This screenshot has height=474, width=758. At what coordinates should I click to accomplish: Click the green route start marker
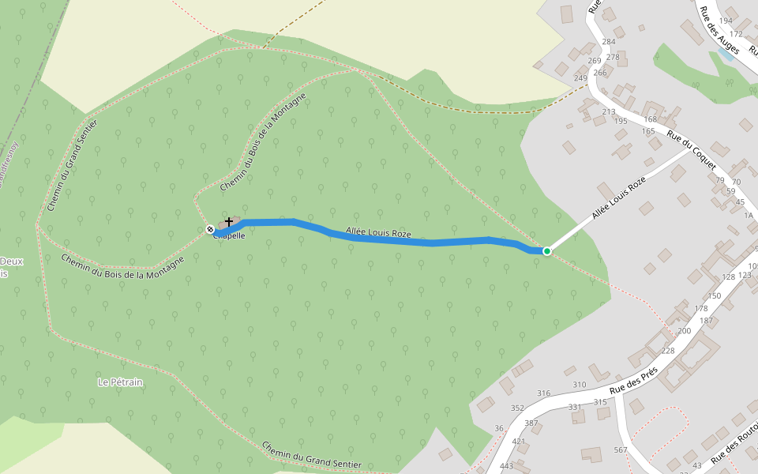click(546, 250)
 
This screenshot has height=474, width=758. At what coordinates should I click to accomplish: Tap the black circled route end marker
click(210, 230)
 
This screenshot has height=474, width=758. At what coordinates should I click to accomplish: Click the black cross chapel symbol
click(229, 222)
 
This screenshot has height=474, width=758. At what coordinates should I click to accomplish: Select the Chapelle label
click(229, 235)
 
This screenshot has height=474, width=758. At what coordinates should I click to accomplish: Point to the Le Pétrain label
click(120, 382)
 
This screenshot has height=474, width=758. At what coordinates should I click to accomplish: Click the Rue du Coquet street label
click(692, 150)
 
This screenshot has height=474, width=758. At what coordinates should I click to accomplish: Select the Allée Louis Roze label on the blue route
click(378, 233)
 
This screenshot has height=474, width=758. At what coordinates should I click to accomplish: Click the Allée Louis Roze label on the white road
click(618, 197)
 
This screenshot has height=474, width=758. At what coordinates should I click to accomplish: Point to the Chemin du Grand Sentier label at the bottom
click(311, 456)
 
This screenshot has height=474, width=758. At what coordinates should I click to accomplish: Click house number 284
click(609, 42)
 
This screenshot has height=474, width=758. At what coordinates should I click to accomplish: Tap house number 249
click(581, 78)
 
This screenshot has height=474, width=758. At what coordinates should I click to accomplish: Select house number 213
click(608, 112)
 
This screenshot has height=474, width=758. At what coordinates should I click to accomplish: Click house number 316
click(543, 393)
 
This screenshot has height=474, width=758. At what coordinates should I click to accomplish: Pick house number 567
click(620, 450)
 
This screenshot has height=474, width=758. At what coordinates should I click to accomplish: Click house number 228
click(668, 351)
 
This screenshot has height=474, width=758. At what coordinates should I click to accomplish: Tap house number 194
click(726, 21)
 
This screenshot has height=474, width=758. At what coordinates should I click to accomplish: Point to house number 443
click(506, 465)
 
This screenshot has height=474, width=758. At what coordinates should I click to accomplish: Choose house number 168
click(650, 120)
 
